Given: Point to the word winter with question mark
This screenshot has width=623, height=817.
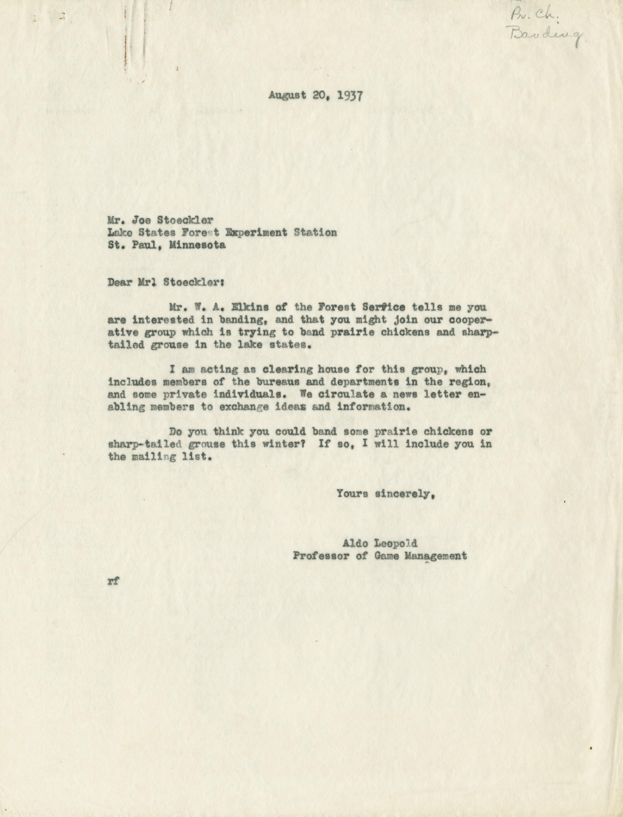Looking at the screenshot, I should (x=283, y=444).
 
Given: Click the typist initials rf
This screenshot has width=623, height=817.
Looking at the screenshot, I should (x=113, y=581).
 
